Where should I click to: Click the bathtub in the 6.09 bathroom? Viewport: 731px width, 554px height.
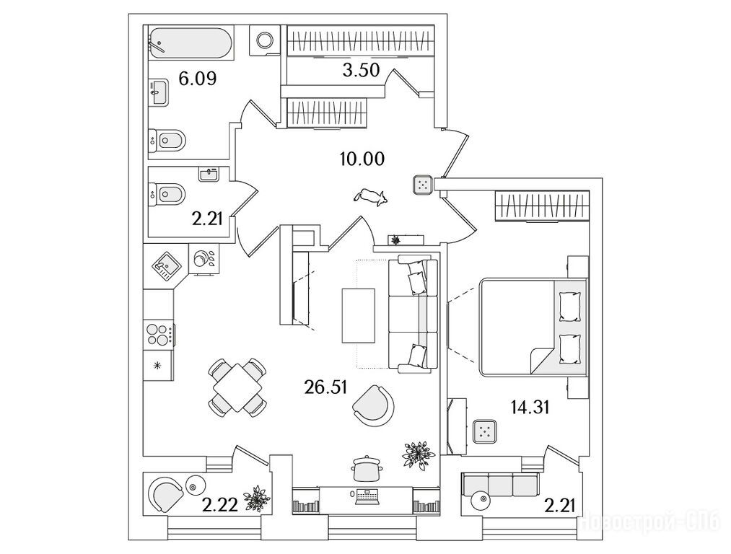click(x=191, y=44)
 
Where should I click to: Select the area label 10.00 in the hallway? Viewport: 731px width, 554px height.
click(x=362, y=159)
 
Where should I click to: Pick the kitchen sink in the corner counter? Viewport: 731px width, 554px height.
click(x=165, y=268)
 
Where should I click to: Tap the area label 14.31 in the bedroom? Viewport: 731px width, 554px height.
click(x=530, y=408)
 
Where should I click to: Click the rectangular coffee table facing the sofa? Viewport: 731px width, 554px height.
click(x=359, y=315)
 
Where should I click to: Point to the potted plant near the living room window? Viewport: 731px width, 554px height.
click(x=419, y=454)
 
